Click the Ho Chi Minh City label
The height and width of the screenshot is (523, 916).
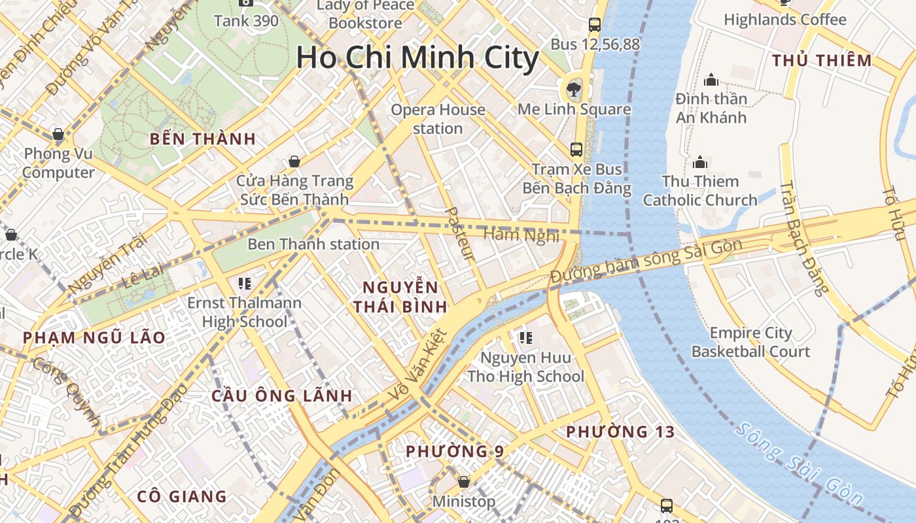click(417, 58)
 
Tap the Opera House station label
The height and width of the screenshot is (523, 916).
click(438, 119)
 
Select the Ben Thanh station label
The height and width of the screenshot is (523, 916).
click(313, 245)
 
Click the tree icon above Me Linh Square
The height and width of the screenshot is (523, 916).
click(574, 88)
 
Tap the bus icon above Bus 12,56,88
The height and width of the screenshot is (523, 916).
click(594, 25)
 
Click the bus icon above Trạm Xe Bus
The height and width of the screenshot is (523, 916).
click(576, 149)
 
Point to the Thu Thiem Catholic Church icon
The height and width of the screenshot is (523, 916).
click(700, 161)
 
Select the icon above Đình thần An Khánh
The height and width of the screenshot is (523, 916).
click(711, 80)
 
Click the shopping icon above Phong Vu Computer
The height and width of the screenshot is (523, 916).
click(58, 134)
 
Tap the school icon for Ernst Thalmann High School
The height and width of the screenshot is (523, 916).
click(245, 283)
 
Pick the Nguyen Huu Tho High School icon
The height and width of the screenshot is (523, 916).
click(525, 338)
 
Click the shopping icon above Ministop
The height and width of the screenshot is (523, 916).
click(464, 482)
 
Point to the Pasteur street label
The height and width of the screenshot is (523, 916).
click(460, 234)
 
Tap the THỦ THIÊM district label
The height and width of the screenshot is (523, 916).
click(822, 61)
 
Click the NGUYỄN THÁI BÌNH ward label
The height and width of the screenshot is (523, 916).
click(401, 296)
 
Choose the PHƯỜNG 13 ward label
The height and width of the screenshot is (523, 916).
click(620, 432)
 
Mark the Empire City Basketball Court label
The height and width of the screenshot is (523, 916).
click(750, 342)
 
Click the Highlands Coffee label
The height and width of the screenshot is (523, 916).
click(785, 20)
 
